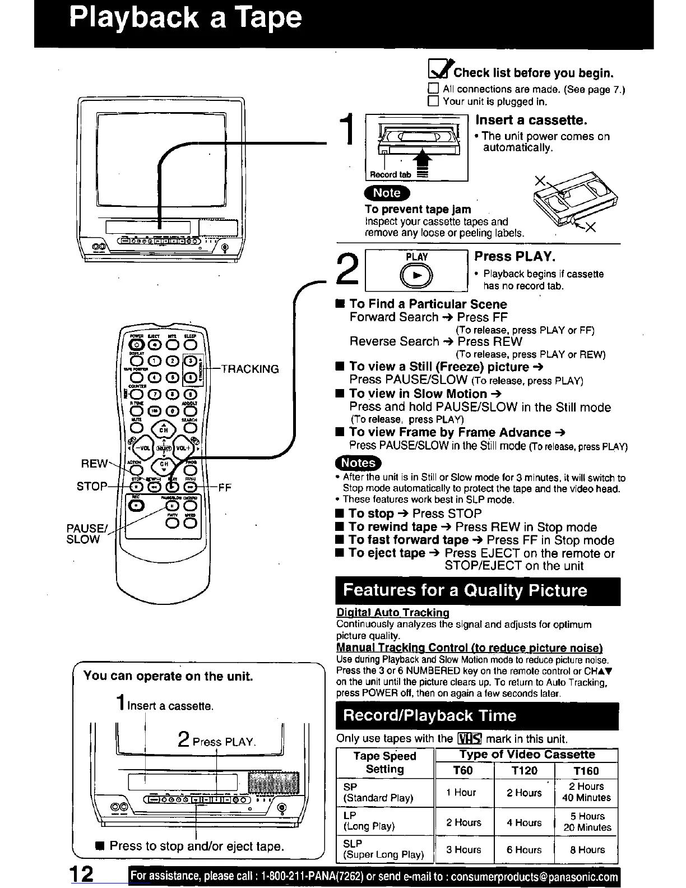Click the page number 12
point(81,875)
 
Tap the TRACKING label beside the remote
point(250,369)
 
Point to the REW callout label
point(94,463)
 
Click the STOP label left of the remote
point(91,486)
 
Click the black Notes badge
point(358,463)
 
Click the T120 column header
point(524,771)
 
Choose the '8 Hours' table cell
point(587,850)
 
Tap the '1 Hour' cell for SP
point(461,793)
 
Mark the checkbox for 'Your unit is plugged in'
point(433,101)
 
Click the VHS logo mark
point(467,739)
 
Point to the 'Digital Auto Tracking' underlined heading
point(393,613)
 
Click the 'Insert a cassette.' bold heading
point(531,120)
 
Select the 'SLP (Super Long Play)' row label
point(383,849)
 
